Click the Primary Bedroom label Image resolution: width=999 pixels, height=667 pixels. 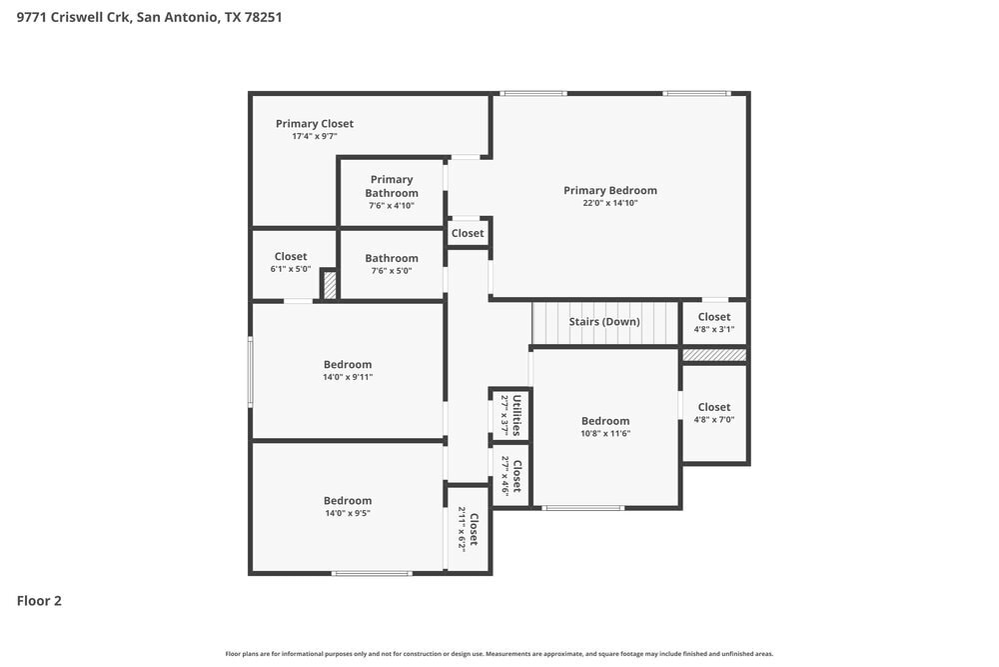(x=609, y=190)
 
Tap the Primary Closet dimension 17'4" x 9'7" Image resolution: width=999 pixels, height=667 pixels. (x=315, y=136)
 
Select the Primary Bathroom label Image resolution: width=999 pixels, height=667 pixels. (x=391, y=186)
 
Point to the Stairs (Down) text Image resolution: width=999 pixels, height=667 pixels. (x=604, y=322)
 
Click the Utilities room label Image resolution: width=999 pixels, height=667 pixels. (x=516, y=415)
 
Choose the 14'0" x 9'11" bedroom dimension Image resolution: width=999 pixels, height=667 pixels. (x=348, y=377)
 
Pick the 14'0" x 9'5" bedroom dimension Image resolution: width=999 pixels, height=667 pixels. (x=348, y=513)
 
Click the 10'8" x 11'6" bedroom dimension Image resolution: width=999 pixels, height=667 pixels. (x=605, y=433)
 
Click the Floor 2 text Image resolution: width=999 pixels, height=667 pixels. (x=39, y=601)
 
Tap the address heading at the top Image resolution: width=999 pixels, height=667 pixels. (x=149, y=17)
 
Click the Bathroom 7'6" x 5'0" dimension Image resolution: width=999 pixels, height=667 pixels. (x=391, y=270)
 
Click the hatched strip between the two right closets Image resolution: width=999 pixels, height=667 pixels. (x=714, y=355)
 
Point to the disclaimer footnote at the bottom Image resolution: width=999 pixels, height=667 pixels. (x=499, y=654)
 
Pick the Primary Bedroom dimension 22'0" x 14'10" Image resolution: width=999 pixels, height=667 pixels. (x=609, y=203)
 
